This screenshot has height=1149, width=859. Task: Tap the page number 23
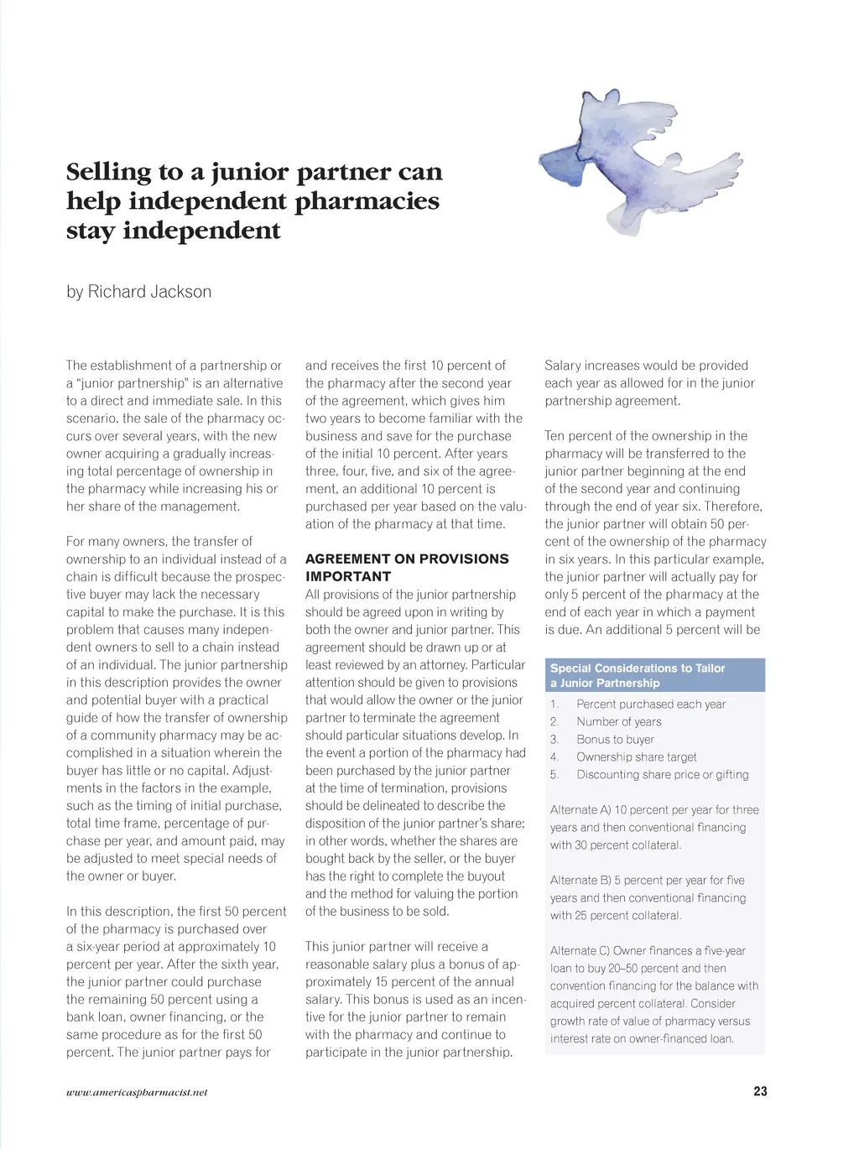pos(760,1091)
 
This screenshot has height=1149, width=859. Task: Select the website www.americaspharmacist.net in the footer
pos(137,1092)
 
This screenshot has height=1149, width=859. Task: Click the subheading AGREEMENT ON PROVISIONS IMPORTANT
pos(407,568)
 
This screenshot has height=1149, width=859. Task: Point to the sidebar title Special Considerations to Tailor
pos(638,668)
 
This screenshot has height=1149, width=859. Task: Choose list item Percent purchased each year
pos(651,704)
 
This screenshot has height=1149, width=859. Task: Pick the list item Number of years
pos(618,722)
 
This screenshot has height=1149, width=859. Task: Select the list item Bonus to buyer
pos(615,740)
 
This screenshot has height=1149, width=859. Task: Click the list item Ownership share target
pos(636,757)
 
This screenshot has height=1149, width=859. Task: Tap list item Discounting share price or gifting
pos(662,775)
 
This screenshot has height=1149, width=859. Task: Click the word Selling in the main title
pos(108,172)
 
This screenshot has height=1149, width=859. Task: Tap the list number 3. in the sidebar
pos(554,740)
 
